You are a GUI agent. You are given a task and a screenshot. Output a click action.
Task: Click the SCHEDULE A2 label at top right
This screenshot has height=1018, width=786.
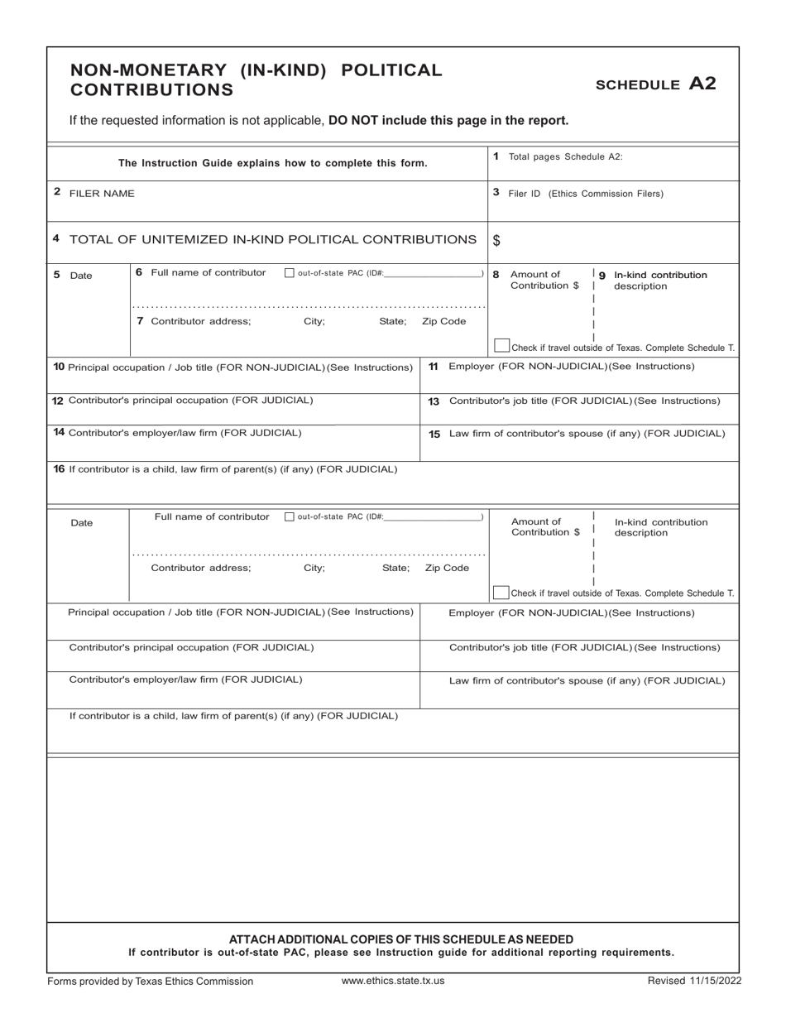[655, 84]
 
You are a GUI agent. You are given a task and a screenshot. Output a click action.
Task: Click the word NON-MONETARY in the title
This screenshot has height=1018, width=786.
[146, 70]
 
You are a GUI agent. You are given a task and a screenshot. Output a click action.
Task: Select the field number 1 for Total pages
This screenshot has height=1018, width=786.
[496, 156]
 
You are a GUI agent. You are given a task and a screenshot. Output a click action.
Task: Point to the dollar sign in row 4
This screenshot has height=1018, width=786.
[496, 241]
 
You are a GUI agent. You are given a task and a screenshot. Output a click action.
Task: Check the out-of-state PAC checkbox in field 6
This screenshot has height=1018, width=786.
[289, 274]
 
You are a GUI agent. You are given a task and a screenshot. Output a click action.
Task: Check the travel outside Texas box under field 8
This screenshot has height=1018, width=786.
[501, 345]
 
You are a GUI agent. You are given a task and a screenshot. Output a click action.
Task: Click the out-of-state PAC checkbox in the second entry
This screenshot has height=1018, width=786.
[289, 517]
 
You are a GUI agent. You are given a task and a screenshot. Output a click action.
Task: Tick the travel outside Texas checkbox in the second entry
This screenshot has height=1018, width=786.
[501, 592]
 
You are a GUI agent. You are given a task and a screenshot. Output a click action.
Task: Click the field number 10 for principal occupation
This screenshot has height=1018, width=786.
[58, 367]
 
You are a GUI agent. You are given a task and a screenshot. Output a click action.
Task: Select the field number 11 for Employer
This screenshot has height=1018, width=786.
[434, 366]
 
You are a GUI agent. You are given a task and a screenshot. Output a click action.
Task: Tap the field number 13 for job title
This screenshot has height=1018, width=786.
[434, 401]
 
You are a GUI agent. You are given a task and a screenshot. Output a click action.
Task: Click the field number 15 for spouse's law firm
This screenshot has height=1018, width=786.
[434, 434]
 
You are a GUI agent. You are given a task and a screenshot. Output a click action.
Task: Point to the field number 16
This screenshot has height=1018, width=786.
[59, 469]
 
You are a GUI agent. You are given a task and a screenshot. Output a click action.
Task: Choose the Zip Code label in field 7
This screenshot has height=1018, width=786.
[443, 321]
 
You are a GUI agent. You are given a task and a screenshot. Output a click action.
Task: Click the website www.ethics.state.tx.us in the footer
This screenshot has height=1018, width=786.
[393, 981]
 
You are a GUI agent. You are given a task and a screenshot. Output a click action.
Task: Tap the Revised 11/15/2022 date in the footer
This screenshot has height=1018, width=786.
[694, 981]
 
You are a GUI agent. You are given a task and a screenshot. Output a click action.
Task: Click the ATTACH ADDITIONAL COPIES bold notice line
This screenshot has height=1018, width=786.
[400, 939]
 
